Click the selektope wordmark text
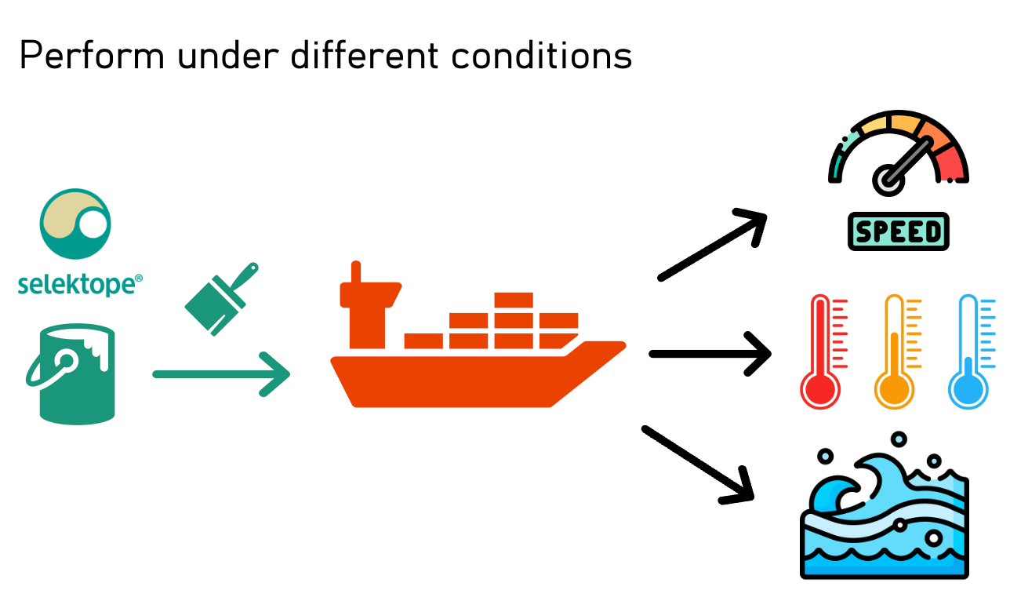click(x=77, y=284)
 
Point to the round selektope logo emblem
click(x=75, y=224)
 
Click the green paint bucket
click(x=72, y=373)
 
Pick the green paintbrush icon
click(x=219, y=299)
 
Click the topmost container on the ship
click(x=514, y=300)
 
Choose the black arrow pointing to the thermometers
click(x=710, y=354)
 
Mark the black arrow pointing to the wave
click(x=699, y=464)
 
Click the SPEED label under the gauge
click(x=899, y=231)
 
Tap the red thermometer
click(x=820, y=353)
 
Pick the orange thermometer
click(x=895, y=353)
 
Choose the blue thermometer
click(x=969, y=353)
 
